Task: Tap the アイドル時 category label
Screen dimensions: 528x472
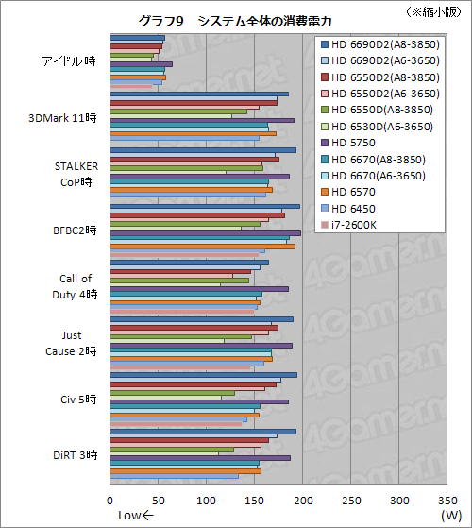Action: point(69,61)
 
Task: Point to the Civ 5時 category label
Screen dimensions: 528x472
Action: point(76,399)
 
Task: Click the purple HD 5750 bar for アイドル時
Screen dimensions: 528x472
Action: point(142,64)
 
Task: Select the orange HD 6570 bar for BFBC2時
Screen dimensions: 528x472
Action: point(203,247)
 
